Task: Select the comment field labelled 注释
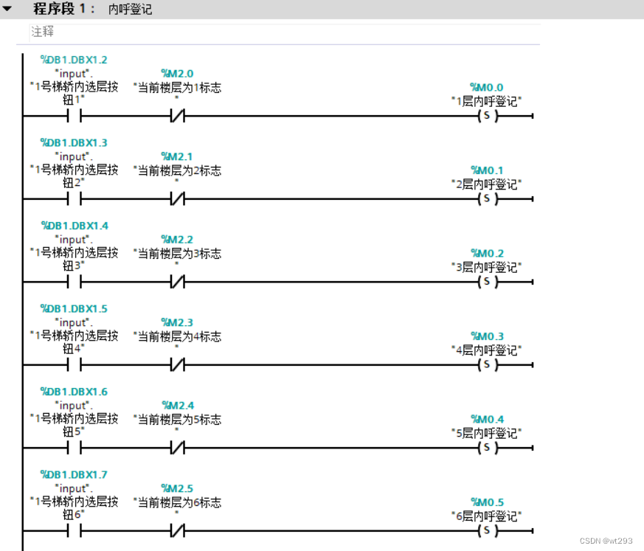click(42, 32)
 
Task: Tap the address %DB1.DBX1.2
click(74, 60)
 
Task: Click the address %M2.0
click(177, 74)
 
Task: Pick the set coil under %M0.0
click(486, 116)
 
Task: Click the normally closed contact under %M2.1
click(177, 198)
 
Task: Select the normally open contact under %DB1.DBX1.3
click(74, 198)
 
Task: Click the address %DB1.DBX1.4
click(74, 226)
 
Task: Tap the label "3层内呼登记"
click(486, 266)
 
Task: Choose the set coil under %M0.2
click(486, 282)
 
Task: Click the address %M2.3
click(177, 322)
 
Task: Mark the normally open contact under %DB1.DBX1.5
click(74, 364)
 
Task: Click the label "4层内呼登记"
click(486, 350)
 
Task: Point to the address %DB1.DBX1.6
click(74, 392)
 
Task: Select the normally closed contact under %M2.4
click(177, 448)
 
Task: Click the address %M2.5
click(177, 488)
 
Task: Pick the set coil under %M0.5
click(486, 530)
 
